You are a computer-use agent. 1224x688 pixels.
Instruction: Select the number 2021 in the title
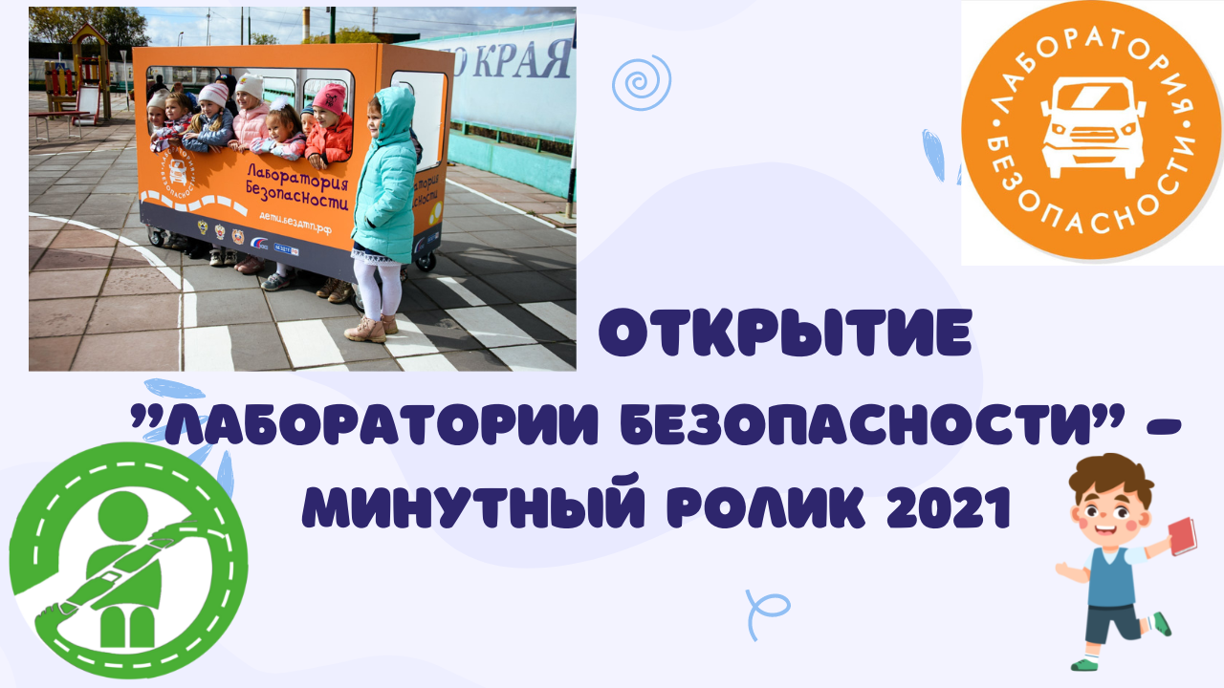point(948,509)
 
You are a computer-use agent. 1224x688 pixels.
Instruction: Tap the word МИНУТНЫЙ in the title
point(463,509)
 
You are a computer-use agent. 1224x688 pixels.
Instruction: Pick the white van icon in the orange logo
point(1090,130)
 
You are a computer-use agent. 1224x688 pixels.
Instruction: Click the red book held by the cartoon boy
point(1183,536)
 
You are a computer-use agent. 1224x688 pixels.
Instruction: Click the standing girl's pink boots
point(368,329)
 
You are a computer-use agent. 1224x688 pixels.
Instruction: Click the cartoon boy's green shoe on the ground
point(1083,662)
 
